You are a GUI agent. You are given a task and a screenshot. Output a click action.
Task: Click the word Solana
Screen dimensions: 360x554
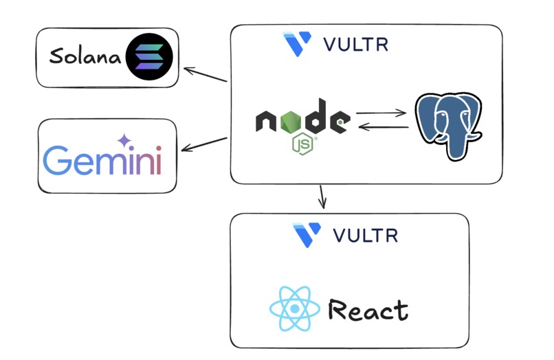[85, 56]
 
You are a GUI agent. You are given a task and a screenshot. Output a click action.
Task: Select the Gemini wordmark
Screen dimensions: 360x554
[102, 159]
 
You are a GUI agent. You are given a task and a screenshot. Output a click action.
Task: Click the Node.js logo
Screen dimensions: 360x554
[302, 124]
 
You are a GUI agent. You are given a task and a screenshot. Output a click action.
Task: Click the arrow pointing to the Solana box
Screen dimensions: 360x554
[206, 75]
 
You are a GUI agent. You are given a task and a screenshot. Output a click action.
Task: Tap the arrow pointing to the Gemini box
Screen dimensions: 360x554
[204, 144]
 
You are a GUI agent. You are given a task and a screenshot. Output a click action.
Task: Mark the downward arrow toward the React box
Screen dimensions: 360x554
[322, 197]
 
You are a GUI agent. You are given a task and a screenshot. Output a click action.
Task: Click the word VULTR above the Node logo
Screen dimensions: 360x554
[355, 45]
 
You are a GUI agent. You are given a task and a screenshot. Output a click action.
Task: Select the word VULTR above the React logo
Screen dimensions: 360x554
[365, 235]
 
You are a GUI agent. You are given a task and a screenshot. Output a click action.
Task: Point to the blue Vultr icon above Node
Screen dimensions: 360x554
[298, 44]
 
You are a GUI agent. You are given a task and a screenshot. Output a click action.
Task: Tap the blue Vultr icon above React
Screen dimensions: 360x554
[307, 234]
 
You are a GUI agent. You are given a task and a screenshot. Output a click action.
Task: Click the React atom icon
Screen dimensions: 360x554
[294, 308]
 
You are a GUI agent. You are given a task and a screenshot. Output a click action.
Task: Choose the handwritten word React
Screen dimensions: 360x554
[368, 311]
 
